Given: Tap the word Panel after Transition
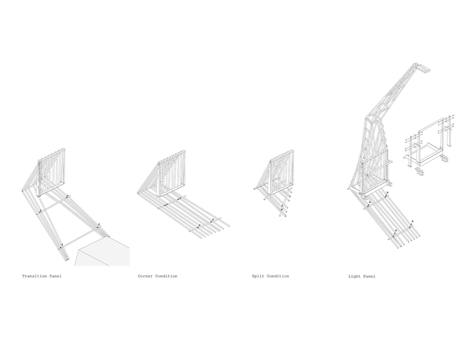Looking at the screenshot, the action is [x=56, y=276].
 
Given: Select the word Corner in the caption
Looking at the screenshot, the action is [x=145, y=276].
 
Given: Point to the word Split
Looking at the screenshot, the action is [x=258, y=276].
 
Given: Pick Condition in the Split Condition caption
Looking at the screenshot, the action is [x=278, y=276].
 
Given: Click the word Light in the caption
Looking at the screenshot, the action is [x=354, y=276].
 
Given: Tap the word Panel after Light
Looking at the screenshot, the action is [x=369, y=276].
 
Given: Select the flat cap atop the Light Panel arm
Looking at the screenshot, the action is [x=423, y=67].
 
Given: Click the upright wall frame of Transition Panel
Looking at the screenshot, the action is [x=51, y=173].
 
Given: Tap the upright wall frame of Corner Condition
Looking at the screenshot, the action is [x=171, y=174].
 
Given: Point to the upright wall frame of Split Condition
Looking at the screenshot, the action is [x=283, y=173].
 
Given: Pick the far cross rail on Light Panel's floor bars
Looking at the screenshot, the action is [x=401, y=232].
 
